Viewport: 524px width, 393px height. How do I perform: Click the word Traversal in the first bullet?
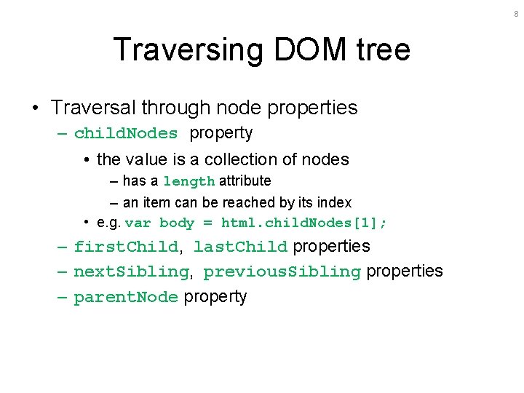(x=92, y=108)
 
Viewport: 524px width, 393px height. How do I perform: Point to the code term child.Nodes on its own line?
(x=126, y=133)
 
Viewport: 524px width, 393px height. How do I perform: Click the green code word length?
(x=188, y=181)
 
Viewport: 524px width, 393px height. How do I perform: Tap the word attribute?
(x=245, y=180)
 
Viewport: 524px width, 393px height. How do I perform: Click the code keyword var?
(x=138, y=223)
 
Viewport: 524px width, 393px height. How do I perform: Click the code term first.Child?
(x=126, y=247)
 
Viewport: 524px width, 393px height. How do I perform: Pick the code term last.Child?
(x=241, y=247)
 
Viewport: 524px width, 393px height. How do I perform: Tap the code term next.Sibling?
(x=131, y=271)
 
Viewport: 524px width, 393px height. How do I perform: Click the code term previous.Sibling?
(x=282, y=271)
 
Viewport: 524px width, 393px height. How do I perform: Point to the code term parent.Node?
(x=126, y=297)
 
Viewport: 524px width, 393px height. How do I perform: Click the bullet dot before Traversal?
(x=36, y=108)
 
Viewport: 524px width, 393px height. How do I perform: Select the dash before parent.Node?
(x=63, y=297)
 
